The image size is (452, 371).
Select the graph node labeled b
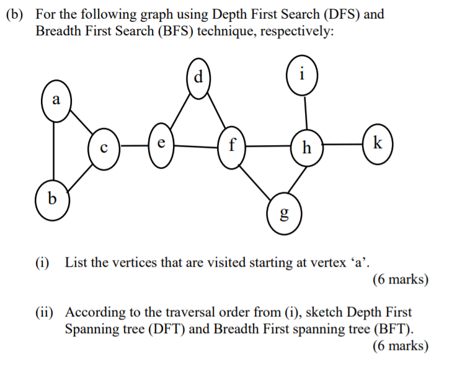pyautogui.click(x=52, y=199)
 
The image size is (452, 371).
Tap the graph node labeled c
pyautogui.click(x=104, y=148)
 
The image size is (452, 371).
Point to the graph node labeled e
pyautogui.click(x=160, y=145)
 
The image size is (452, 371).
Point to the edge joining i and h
pyautogui.click(x=305, y=113)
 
